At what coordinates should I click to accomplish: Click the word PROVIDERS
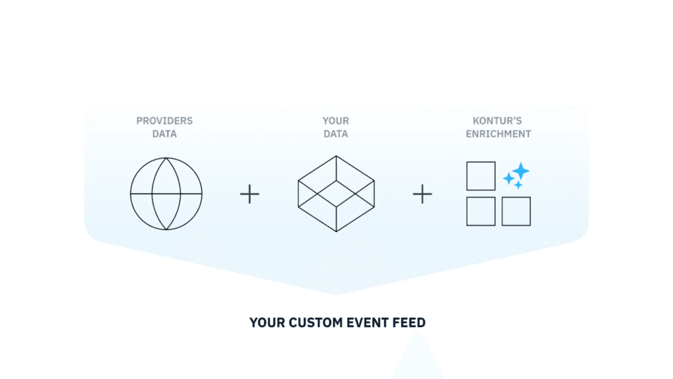[164, 121]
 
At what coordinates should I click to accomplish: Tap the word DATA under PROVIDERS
[164, 134]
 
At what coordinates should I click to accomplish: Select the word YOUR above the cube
[336, 121]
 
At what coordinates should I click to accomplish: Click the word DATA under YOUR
[336, 134]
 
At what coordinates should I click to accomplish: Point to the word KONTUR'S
[497, 121]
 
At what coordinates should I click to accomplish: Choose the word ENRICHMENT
[498, 134]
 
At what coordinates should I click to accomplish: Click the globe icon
[130, 193]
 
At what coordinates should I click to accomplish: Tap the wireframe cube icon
[298, 193]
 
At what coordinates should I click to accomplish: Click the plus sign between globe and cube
[249, 194]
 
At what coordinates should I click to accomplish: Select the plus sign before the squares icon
[423, 194]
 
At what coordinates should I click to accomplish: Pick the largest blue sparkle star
[521, 171]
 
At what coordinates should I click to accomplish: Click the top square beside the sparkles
[467, 176]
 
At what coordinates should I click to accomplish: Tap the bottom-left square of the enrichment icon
[467, 211]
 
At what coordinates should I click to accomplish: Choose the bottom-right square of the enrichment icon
[502, 211]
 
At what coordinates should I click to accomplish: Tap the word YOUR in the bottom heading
[267, 322]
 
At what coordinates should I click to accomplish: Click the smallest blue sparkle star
[519, 185]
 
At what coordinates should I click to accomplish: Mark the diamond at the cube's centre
[317, 193]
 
